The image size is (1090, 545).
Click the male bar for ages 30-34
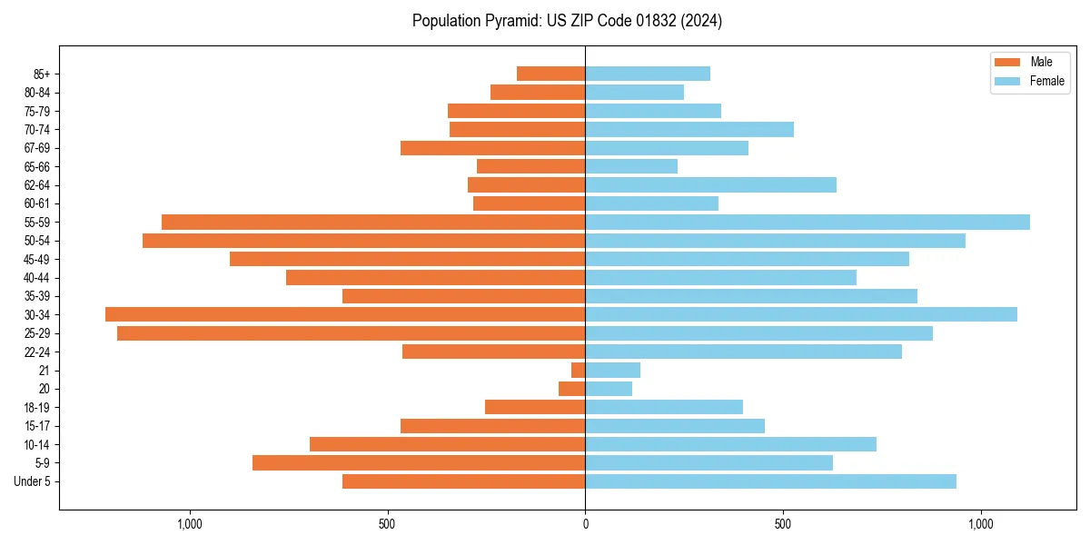click(345, 314)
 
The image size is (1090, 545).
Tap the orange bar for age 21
click(579, 370)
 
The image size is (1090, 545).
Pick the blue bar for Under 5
click(770, 481)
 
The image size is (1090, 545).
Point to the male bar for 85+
click(551, 74)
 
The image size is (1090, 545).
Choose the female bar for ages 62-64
click(710, 184)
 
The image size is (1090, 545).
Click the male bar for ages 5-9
click(419, 462)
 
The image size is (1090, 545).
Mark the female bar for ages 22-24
click(743, 352)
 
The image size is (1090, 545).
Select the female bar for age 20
click(609, 389)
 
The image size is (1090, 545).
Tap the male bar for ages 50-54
click(363, 241)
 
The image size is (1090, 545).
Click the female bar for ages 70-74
click(689, 129)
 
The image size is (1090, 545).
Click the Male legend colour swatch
click(1007, 62)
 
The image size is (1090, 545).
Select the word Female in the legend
click(1047, 81)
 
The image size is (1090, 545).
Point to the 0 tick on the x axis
click(585, 524)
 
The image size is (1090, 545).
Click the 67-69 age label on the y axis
click(37, 148)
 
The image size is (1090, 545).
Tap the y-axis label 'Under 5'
click(32, 481)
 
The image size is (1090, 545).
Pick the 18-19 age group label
click(37, 407)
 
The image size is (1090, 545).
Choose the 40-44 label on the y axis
click(37, 277)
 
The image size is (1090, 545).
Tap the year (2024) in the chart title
click(705, 21)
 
